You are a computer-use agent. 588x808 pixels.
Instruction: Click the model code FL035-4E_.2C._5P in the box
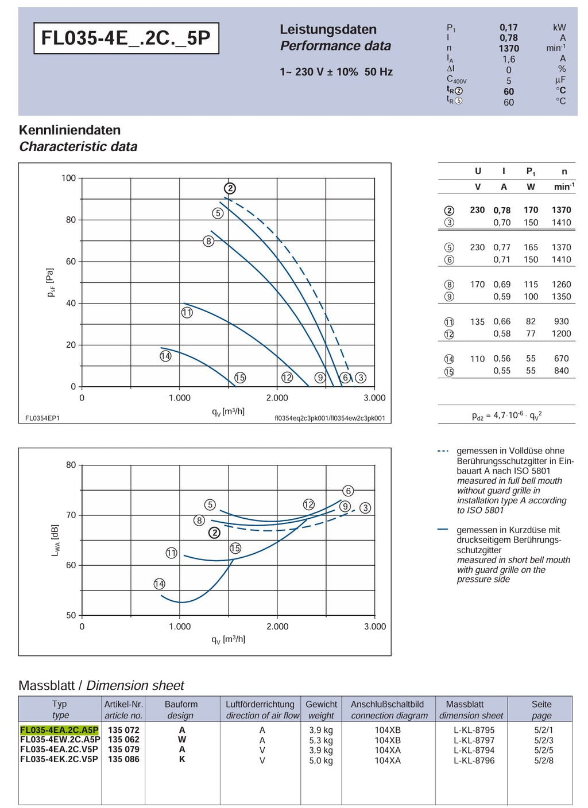tap(126, 38)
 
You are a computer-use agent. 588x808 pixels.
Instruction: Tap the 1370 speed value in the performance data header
tap(508, 48)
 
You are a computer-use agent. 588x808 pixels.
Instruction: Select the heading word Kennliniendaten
tap(69, 130)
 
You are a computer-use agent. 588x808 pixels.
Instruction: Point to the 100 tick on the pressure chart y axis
tap(68, 178)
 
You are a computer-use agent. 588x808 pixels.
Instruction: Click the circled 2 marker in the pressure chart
tap(230, 188)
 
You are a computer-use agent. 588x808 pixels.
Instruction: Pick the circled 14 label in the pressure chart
tap(165, 356)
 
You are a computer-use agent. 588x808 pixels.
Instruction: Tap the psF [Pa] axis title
tap(51, 282)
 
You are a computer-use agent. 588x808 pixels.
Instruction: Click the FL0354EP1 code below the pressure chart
tap(42, 418)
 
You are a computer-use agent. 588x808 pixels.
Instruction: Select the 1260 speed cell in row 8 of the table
tap(561, 284)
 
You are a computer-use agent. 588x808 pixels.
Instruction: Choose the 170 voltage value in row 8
tap(477, 284)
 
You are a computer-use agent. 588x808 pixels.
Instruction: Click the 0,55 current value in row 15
tap(502, 371)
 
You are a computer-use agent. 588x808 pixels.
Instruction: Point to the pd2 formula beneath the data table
tap(506, 415)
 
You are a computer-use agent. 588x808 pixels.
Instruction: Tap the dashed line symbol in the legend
tap(443, 451)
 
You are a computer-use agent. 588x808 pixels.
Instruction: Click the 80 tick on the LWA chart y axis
tap(71, 465)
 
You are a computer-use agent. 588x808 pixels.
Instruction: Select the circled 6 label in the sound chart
tap(348, 491)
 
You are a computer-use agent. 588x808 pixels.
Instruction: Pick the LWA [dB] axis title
tap(55, 540)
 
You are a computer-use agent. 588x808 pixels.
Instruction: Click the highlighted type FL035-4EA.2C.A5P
tap(59, 730)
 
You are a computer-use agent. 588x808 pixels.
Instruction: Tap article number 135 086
tap(123, 759)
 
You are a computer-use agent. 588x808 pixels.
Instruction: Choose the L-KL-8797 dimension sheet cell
tap(474, 740)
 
